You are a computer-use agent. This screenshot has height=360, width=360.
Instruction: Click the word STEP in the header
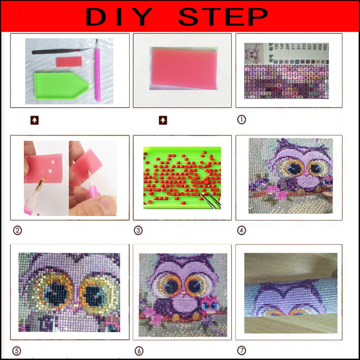[x=223, y=17]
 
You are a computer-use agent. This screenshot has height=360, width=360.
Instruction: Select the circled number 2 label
[x=17, y=230]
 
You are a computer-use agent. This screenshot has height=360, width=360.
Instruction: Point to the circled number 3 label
[x=138, y=230]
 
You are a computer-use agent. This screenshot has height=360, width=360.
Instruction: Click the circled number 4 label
[x=241, y=230]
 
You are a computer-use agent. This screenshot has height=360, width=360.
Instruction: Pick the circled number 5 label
[x=17, y=350]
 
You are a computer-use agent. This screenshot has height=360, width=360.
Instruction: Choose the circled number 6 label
[x=138, y=350]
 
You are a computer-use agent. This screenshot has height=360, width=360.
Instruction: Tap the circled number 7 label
[x=241, y=350]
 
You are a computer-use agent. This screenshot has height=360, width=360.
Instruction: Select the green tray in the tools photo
[x=58, y=84]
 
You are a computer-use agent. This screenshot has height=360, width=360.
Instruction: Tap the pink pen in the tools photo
[x=97, y=72]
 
